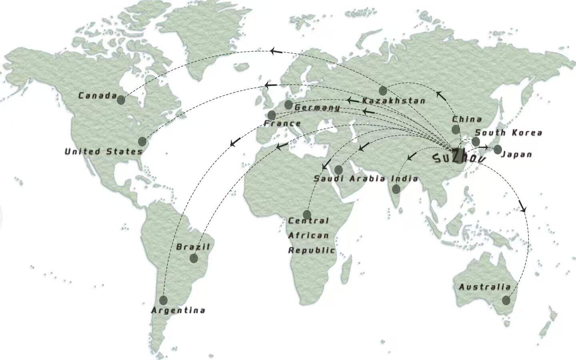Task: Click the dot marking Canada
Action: [x=121, y=100]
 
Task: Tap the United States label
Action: [x=104, y=152]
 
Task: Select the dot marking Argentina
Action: [x=163, y=300]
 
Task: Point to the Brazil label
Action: [x=193, y=247]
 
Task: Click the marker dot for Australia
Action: [x=506, y=300]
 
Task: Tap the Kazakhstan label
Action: [x=394, y=101]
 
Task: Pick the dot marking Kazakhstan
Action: [x=383, y=90]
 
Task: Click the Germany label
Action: [x=318, y=108]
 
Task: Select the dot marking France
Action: [x=272, y=115]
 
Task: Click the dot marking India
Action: [x=396, y=189]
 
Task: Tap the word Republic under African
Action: [x=312, y=250]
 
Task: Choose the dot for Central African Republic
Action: [x=307, y=214]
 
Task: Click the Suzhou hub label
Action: [x=460, y=157]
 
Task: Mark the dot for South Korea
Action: [x=476, y=141]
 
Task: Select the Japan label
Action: [x=516, y=154]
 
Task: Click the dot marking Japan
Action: [x=498, y=150]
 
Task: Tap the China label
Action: [x=467, y=119]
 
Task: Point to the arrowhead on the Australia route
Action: [x=522, y=208]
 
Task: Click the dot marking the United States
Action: [x=142, y=141]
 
